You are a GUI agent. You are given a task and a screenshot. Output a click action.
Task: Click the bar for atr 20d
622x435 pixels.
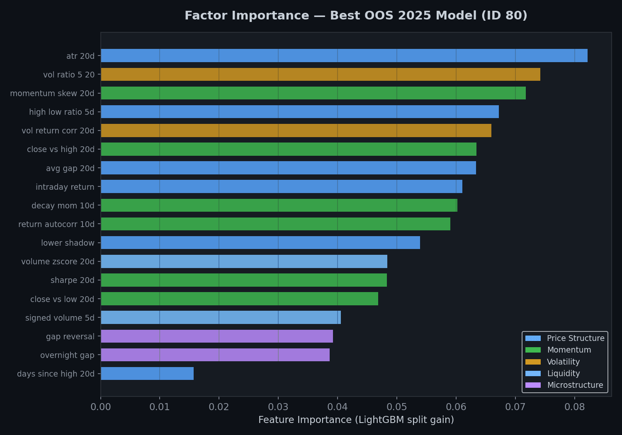click(344, 56)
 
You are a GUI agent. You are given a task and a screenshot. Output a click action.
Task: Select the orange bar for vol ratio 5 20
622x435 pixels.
click(320, 75)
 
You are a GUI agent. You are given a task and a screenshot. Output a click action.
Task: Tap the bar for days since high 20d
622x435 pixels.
click(147, 374)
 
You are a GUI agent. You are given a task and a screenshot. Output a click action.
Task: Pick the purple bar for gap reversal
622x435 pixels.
click(217, 336)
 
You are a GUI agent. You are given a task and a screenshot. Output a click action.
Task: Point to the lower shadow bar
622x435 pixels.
click(260, 243)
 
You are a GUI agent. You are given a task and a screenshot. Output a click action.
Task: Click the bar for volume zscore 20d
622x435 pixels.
click(244, 261)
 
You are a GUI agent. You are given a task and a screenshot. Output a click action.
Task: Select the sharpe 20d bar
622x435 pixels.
click(244, 280)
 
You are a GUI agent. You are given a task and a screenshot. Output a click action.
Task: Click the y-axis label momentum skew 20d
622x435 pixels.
click(52, 93)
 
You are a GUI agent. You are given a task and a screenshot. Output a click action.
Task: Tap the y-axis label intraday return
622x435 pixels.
click(65, 187)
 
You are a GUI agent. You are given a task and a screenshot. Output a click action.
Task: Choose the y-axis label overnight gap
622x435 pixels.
click(67, 355)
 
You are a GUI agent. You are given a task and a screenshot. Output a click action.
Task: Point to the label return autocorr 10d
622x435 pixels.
click(56, 224)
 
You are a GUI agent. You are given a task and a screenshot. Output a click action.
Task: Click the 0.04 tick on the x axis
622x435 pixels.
click(338, 406)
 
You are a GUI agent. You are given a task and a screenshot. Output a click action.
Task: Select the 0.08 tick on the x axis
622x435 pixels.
click(574, 406)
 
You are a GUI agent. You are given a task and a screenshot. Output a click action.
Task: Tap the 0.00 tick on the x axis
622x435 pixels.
click(101, 406)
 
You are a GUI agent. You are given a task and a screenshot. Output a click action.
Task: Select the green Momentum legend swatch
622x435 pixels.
click(533, 350)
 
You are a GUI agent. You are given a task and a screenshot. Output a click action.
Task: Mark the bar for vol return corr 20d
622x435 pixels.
click(296, 130)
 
